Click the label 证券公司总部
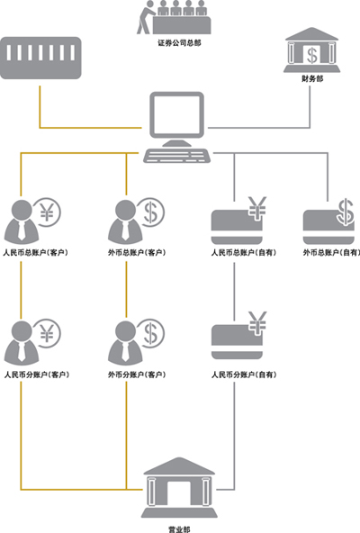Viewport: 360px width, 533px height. click(x=179, y=43)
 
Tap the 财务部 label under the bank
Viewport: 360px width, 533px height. click(x=312, y=79)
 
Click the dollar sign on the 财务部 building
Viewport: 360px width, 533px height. click(x=312, y=56)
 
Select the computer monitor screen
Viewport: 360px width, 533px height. click(x=176, y=114)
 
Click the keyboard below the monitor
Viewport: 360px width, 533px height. click(x=176, y=156)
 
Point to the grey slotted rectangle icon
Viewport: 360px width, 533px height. click(x=40, y=58)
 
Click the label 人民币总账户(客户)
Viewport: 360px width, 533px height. click(x=36, y=253)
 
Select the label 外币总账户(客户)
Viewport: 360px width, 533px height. click(x=137, y=253)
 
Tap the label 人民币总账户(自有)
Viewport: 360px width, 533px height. click(x=244, y=253)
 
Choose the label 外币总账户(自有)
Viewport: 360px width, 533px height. click(x=331, y=253)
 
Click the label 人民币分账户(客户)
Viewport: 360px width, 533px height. click(x=36, y=375)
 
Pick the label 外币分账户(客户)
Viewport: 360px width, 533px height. click(x=137, y=375)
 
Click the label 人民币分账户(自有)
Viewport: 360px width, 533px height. click(x=244, y=375)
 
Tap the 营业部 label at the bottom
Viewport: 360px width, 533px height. click(x=179, y=529)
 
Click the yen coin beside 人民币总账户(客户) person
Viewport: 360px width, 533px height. click(x=48, y=212)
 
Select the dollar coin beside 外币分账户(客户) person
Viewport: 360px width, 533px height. click(x=150, y=333)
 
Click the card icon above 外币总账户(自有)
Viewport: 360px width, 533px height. click(x=329, y=227)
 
